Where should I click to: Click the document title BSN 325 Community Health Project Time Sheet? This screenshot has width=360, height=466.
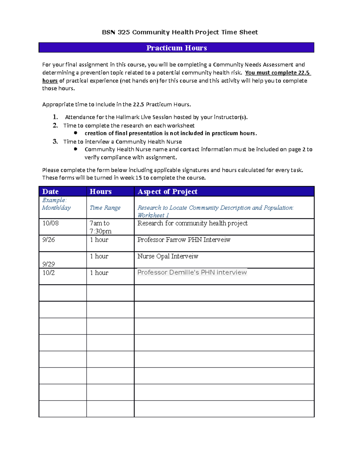coord(180,32)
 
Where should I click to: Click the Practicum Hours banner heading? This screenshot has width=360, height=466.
coord(176,48)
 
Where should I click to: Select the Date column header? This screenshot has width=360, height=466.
coord(50,192)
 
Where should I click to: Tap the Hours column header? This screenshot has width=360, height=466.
coord(100,192)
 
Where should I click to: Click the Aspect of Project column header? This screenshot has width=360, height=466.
coord(167,192)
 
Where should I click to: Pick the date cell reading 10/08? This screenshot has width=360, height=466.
coord(50,223)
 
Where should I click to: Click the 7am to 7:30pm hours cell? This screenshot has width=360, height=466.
coord(100,227)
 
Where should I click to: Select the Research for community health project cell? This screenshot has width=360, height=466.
coord(192,223)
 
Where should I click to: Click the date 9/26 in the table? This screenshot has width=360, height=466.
coord(49,240)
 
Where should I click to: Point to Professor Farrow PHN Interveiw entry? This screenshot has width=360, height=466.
coord(184,240)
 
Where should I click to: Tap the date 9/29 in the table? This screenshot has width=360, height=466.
coord(49,264)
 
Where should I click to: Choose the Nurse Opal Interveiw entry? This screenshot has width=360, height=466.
coord(168,256)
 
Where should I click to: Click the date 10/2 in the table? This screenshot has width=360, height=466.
coord(49,273)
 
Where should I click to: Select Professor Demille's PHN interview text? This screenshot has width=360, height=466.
coord(192,272)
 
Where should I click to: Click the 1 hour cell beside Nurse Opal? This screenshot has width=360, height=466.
coord(99,256)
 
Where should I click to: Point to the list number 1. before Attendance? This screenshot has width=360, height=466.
coord(55,117)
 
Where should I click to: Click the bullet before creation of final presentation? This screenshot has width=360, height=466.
coord(76,133)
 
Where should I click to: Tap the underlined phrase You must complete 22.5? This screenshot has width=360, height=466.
coord(277,73)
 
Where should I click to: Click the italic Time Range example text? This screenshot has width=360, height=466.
coord(105,208)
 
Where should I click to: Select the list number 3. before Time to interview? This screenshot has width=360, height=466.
coord(55,142)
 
